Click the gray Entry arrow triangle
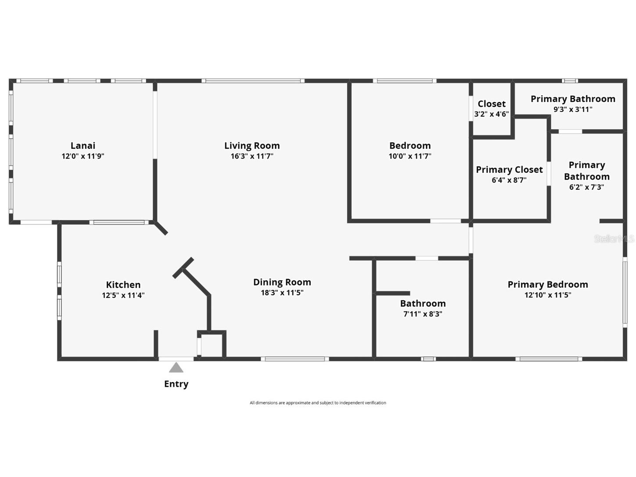(x=176, y=368)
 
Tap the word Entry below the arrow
(x=176, y=384)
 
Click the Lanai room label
(x=83, y=145)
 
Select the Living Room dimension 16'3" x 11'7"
(x=252, y=156)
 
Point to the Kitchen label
(x=123, y=285)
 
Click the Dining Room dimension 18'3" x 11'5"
(x=282, y=293)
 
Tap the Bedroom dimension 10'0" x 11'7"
(x=410, y=156)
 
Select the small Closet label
(x=492, y=104)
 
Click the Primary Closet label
(x=509, y=170)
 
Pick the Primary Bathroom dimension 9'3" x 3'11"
(x=573, y=110)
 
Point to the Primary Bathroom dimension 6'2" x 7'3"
(x=586, y=187)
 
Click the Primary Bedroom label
(x=548, y=284)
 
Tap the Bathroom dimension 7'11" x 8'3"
(x=423, y=314)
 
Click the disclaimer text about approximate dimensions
(x=318, y=403)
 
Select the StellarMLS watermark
(x=614, y=238)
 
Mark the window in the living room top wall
(x=253, y=81)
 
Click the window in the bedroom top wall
(x=404, y=81)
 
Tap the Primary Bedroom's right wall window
(x=625, y=292)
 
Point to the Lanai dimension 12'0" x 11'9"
(x=83, y=156)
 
